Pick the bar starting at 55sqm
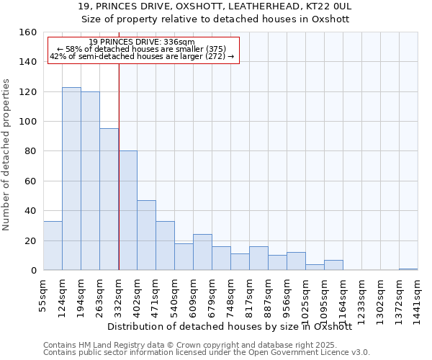tap(53, 246)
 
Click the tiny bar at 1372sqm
tap(408, 269)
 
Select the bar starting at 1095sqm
tap(333, 265)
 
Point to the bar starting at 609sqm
tap(202, 252)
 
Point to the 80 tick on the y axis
tap(31, 151)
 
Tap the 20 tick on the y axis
tap(31, 240)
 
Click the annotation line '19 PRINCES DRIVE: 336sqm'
tap(142, 42)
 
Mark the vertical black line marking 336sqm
tap(119, 180)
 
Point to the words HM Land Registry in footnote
tap(103, 345)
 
